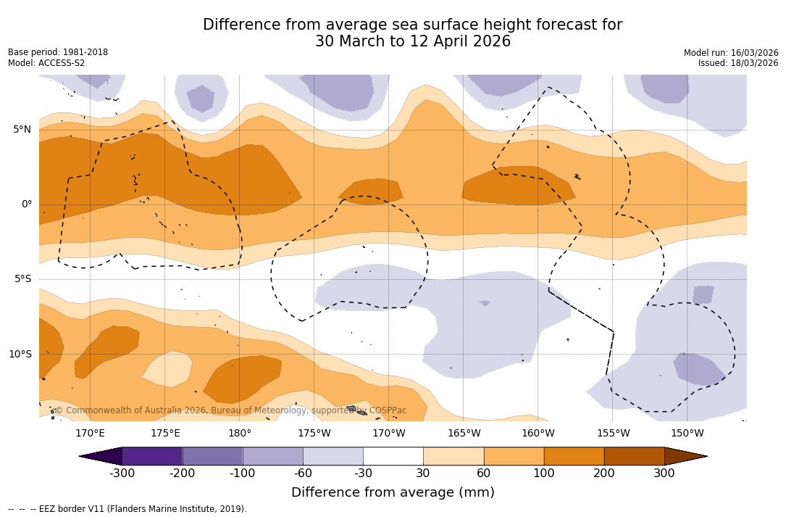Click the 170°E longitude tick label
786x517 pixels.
[x=90, y=434]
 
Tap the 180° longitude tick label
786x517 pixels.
[x=240, y=434]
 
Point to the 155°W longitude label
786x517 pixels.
[x=613, y=434]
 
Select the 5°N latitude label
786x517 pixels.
[x=22, y=130]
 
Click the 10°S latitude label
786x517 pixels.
[x=20, y=355]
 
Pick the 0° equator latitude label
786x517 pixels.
[x=26, y=204]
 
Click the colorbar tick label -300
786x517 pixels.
[x=122, y=473]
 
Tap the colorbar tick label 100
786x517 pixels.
[x=543, y=473]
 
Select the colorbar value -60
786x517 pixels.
[x=303, y=473]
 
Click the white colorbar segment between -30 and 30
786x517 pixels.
[x=393, y=456]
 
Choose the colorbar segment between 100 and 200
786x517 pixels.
[x=574, y=456]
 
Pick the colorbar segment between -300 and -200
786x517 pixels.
[x=152, y=456]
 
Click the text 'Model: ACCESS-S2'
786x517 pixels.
[x=46, y=63]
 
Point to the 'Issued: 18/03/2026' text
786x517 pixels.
[x=738, y=63]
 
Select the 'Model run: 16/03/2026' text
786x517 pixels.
[x=731, y=53]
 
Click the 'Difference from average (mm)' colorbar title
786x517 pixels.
[x=393, y=493]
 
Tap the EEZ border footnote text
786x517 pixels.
[x=127, y=509]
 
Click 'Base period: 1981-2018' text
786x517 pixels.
[x=58, y=52]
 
